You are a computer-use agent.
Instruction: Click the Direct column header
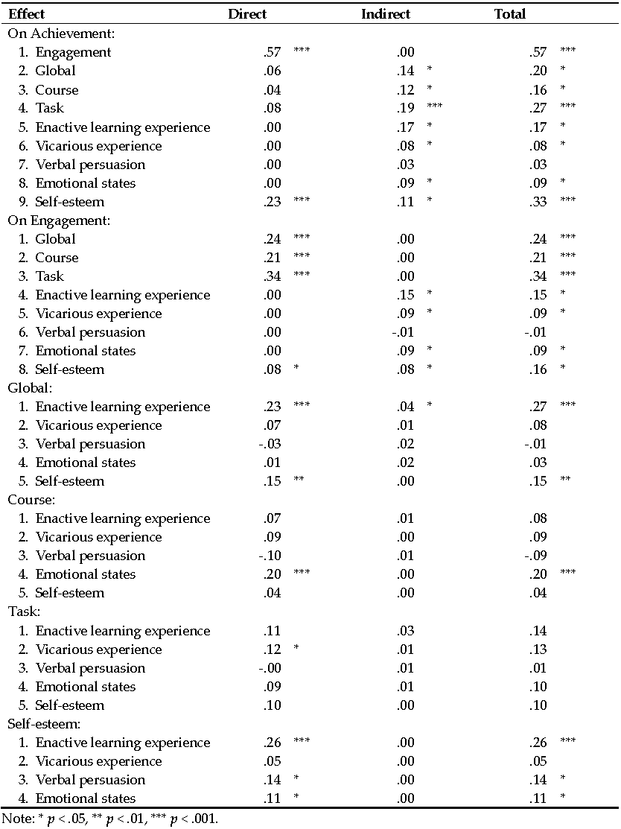247,14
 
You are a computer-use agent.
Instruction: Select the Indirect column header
386,14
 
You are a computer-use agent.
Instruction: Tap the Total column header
510,14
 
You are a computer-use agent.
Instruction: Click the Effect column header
27,14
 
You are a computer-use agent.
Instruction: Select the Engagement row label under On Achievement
73,52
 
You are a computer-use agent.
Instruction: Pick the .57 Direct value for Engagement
273,52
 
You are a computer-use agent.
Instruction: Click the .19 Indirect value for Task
405,108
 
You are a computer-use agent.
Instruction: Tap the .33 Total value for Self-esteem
538,202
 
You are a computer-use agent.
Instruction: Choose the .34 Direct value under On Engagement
273,276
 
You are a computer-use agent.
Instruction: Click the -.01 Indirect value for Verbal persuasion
403,332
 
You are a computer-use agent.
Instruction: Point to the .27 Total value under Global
538,407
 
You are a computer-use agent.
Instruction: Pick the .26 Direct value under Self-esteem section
273,743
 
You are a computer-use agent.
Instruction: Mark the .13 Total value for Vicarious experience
538,649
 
